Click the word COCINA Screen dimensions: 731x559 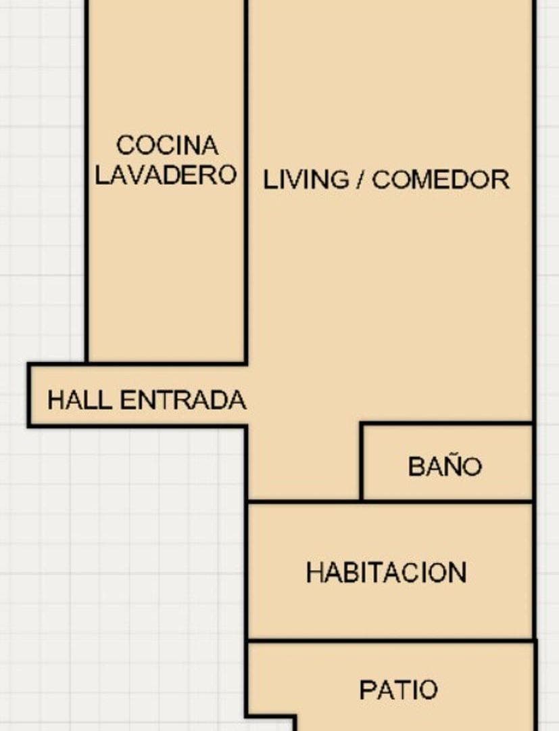168,145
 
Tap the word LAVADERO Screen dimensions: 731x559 166,175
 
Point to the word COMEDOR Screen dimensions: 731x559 440,180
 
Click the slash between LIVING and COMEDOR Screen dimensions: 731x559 361,180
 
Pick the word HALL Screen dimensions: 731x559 79,400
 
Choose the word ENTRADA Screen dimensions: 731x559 183,400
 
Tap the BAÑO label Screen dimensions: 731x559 445,466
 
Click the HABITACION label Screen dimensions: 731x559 386,573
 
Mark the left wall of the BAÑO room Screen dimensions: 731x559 362,462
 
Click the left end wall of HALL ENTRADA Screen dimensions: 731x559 29,395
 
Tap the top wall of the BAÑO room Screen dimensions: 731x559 446,424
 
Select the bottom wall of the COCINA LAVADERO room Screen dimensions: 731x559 166,362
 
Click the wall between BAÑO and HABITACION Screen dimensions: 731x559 446,502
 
